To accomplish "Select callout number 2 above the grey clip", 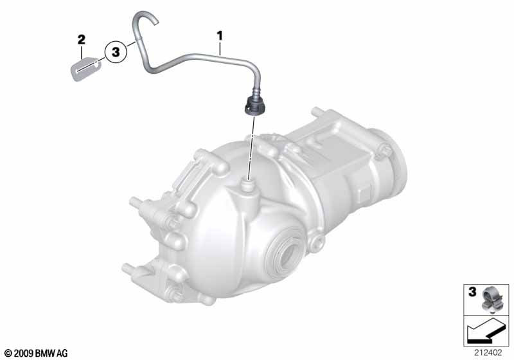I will (82, 40).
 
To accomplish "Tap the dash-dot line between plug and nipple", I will (252, 148).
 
